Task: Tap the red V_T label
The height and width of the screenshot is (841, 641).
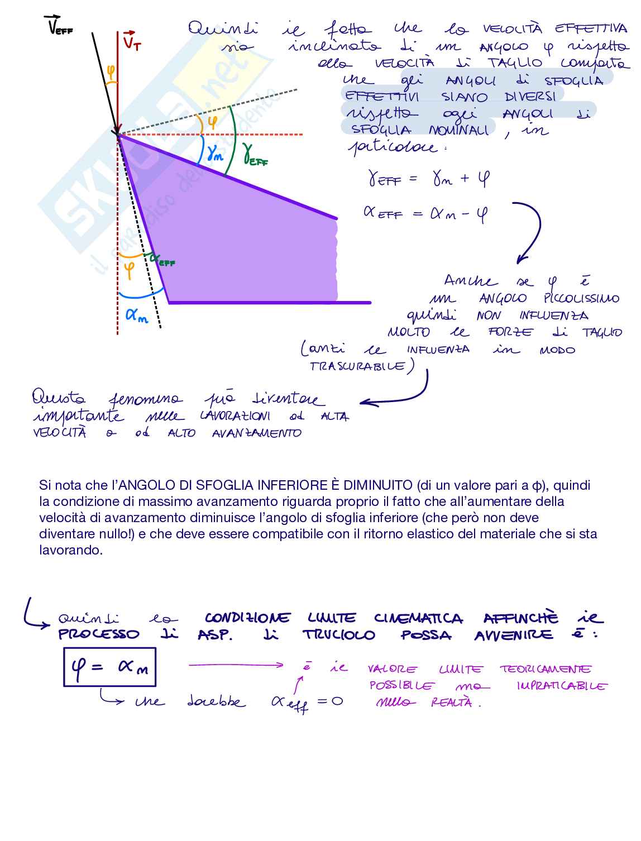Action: tap(132, 41)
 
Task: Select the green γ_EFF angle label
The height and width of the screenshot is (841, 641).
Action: tap(255, 154)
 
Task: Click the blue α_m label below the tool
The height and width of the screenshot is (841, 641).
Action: tap(137, 315)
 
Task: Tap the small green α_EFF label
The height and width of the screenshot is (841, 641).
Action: tap(162, 260)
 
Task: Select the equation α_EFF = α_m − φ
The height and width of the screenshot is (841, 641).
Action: tap(425, 213)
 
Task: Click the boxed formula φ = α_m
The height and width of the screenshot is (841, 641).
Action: tap(109, 667)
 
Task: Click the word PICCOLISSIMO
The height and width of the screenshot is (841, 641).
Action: tap(581, 298)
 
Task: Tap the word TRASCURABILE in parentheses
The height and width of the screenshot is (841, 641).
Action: tap(357, 366)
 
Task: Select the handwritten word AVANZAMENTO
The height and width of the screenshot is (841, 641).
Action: tap(256, 433)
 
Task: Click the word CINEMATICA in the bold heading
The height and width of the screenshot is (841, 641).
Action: tap(418, 618)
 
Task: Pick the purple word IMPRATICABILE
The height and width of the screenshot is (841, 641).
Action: tap(561, 686)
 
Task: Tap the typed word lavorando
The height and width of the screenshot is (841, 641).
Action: tap(71, 550)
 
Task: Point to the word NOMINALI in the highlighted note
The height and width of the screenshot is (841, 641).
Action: tap(459, 130)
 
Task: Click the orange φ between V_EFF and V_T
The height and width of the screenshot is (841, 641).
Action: tap(111, 71)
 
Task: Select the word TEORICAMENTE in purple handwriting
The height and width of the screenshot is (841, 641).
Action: tap(545, 669)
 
